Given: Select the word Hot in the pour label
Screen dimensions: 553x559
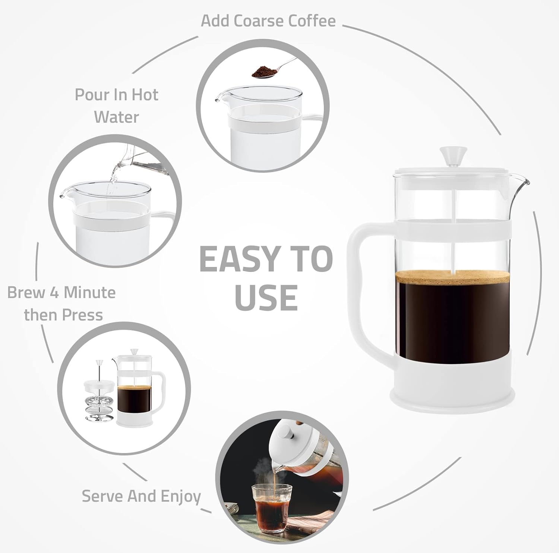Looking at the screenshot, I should (145, 95).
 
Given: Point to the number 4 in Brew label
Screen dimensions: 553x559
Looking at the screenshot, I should (54, 293).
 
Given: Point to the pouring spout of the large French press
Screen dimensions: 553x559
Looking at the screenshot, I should (524, 183).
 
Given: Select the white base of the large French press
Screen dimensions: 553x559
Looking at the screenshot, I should (452, 388).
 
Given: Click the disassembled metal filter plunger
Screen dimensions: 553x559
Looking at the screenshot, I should (99, 399).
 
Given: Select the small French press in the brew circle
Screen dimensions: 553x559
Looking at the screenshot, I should (138, 392).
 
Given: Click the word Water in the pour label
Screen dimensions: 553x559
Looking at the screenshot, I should (116, 117).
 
